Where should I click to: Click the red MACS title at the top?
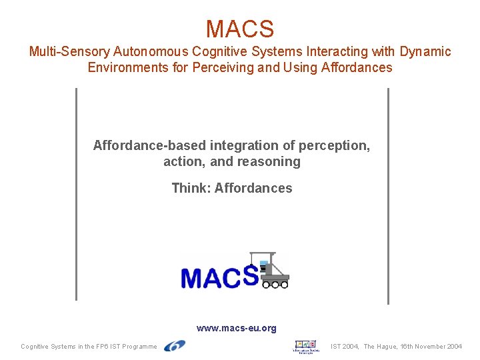point(239,29)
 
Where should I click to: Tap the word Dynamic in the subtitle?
point(425,51)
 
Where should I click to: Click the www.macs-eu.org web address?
point(236,328)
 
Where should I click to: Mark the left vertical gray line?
point(77,193)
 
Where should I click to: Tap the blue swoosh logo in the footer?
point(175,345)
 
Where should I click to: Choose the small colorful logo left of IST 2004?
point(306,346)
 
